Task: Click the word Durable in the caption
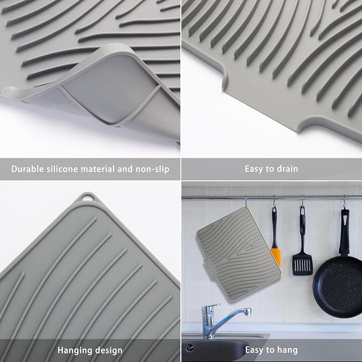[28, 169]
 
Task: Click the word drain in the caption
[287, 169]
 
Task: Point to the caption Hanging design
[90, 350]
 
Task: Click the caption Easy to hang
[271, 350]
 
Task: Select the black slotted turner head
[302, 264]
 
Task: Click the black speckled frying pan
[338, 286]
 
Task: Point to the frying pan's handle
[344, 231]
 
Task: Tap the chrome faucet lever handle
[211, 306]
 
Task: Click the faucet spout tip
[248, 312]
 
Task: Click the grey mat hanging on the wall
[238, 253]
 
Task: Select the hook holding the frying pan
[344, 202]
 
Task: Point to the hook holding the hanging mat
[246, 202]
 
